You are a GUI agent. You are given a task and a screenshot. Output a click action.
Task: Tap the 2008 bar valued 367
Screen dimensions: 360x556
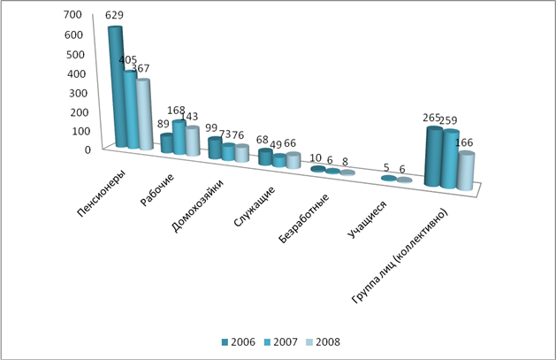pyautogui.click(x=144, y=115)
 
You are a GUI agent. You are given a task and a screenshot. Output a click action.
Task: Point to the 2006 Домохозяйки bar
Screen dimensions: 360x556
pyautogui.click(x=215, y=147)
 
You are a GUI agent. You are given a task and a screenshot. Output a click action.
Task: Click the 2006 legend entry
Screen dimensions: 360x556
pyautogui.click(x=237, y=341)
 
